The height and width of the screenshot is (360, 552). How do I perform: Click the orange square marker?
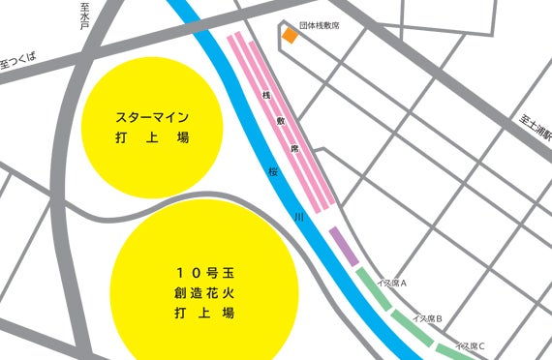coord(290,37)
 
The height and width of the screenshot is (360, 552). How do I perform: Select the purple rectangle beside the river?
coord(343,244)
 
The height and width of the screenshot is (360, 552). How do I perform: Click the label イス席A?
coord(390,283)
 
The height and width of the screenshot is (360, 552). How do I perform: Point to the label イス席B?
coord(427,317)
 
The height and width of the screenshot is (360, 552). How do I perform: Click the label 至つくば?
coord(17,63)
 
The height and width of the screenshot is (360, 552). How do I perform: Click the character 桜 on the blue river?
coord(274,170)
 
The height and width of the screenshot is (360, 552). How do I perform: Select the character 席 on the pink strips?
coord(295,150)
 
